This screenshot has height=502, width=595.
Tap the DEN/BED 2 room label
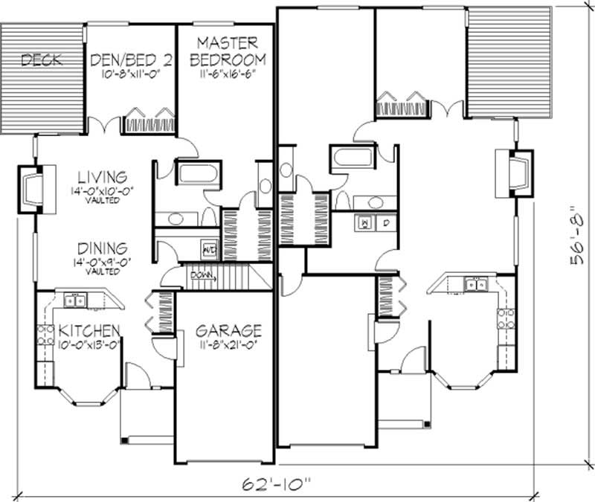[x=132, y=60]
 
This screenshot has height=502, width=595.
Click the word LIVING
[x=102, y=177]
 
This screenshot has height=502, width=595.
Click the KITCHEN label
[x=91, y=329]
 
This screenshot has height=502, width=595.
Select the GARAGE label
[x=228, y=329]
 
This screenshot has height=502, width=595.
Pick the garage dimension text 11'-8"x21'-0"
[x=228, y=344]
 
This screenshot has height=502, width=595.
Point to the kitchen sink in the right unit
[x=475, y=283]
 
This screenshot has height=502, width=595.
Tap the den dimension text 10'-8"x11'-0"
[x=132, y=75]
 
